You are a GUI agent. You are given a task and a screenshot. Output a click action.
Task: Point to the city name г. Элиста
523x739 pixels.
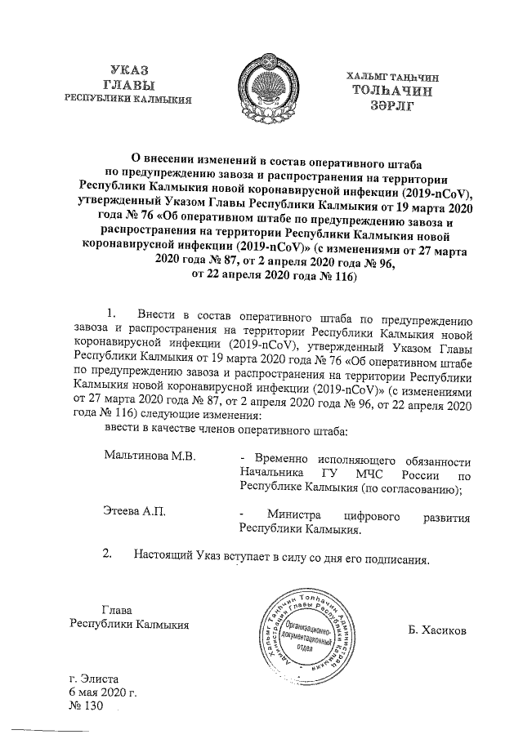pyautogui.click(x=95, y=678)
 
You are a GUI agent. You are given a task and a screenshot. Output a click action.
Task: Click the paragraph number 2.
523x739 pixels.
pyautogui.click(x=105, y=559)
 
